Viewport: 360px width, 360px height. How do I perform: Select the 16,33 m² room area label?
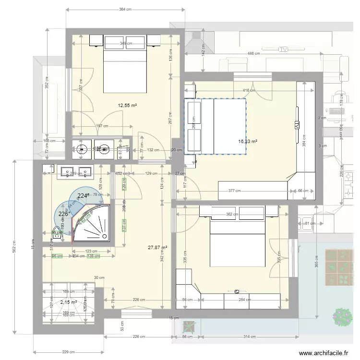[x=248, y=142]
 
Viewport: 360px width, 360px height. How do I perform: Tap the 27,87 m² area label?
[x=157, y=248]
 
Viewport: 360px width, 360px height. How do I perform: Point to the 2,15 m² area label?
[x=69, y=302]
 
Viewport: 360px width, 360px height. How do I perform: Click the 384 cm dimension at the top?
[x=125, y=10]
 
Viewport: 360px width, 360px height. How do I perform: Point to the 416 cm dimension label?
[x=249, y=91]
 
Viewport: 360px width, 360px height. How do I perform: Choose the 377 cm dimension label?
[x=235, y=191]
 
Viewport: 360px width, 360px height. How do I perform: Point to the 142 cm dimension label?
[x=204, y=48]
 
